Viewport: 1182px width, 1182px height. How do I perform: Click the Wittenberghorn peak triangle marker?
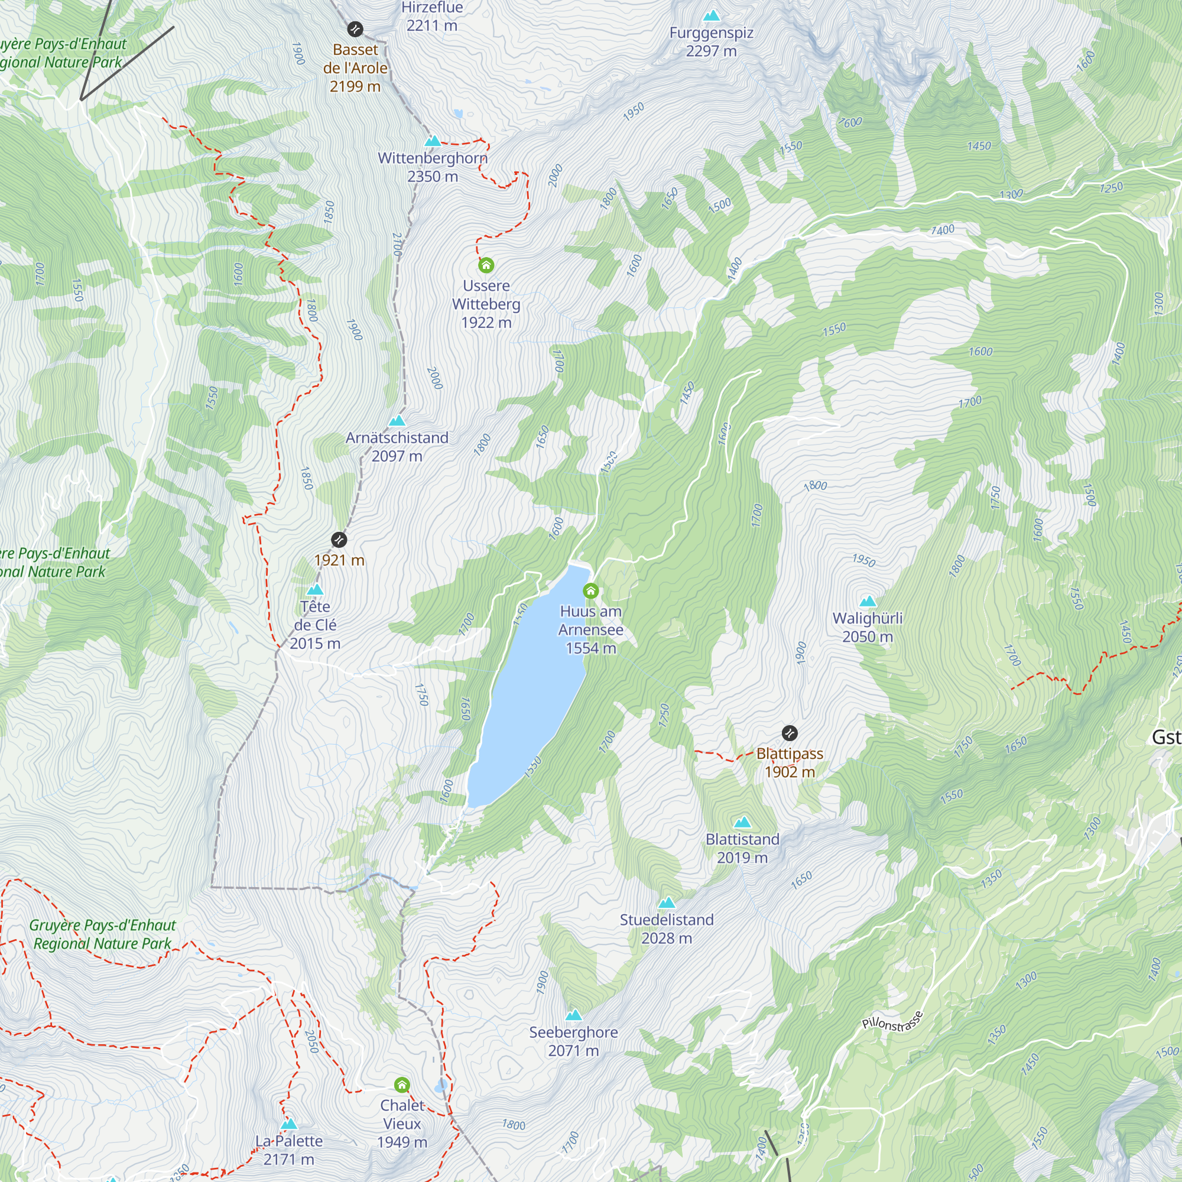(433, 141)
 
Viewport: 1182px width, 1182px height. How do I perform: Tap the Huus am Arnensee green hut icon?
(590, 591)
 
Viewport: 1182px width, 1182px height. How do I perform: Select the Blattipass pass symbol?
(789, 733)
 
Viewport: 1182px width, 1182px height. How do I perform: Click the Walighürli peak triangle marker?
(868, 602)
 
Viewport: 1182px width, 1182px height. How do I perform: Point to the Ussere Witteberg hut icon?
(486, 265)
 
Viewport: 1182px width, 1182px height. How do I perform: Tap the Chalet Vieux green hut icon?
(401, 1085)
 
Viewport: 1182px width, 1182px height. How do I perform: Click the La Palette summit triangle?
(289, 1124)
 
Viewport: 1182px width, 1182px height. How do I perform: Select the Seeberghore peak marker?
(573, 1015)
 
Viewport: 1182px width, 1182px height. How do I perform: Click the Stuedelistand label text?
(666, 920)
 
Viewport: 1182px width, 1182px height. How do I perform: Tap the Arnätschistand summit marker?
(397, 420)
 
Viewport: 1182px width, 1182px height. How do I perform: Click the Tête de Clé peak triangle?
(314, 589)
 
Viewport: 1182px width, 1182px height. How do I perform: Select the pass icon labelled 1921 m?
(339, 540)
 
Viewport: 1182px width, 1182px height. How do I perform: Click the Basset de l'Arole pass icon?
(355, 29)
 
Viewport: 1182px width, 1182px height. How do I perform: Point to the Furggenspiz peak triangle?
(711, 15)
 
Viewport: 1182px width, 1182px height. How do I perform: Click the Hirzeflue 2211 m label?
(431, 17)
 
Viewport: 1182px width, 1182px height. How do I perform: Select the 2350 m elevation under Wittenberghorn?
(432, 177)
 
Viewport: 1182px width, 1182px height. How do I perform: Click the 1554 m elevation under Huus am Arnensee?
(590, 648)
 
